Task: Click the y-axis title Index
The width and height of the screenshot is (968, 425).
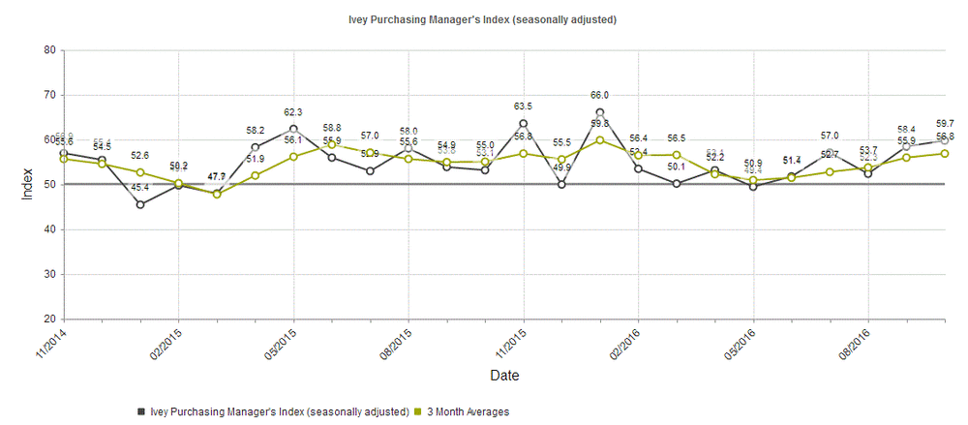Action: [x=26, y=184]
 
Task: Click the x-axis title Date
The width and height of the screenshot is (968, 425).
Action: [x=503, y=375]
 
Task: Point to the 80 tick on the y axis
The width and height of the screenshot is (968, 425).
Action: [x=47, y=50]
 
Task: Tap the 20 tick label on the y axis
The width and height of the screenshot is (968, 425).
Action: [x=47, y=319]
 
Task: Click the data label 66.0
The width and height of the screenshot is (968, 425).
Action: [x=600, y=96]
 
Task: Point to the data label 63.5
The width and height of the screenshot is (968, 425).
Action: [x=524, y=106]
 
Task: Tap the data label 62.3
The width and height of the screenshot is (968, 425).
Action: [x=293, y=112]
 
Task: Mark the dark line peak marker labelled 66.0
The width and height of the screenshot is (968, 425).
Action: [x=600, y=112]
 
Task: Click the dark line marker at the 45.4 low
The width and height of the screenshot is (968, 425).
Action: [x=140, y=204]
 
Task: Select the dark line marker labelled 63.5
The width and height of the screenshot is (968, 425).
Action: [x=524, y=123]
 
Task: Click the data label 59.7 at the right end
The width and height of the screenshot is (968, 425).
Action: [x=946, y=124]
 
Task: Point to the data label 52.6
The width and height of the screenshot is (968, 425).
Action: [x=140, y=156]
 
